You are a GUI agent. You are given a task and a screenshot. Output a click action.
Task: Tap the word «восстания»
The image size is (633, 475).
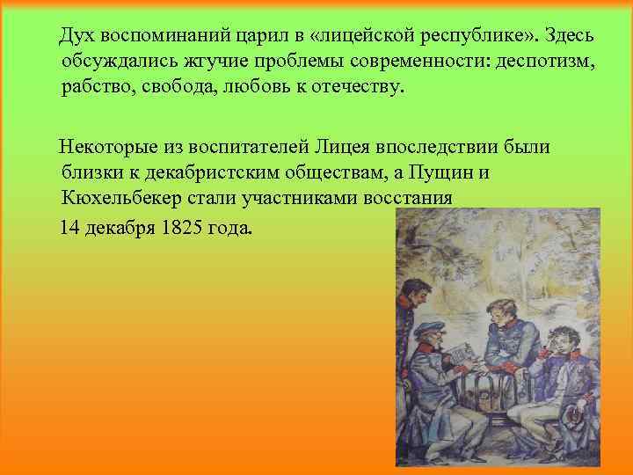[x=408, y=196]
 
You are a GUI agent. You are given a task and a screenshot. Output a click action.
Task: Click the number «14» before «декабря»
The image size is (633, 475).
[x=69, y=228]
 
